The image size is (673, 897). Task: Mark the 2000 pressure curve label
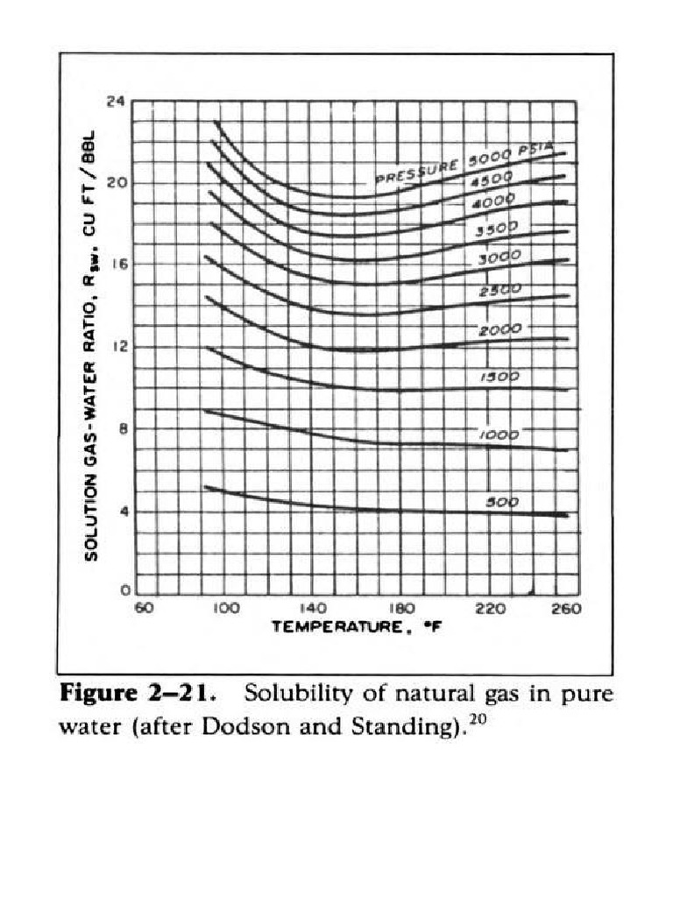pos(500,329)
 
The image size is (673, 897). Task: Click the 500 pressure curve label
pos(502,503)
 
